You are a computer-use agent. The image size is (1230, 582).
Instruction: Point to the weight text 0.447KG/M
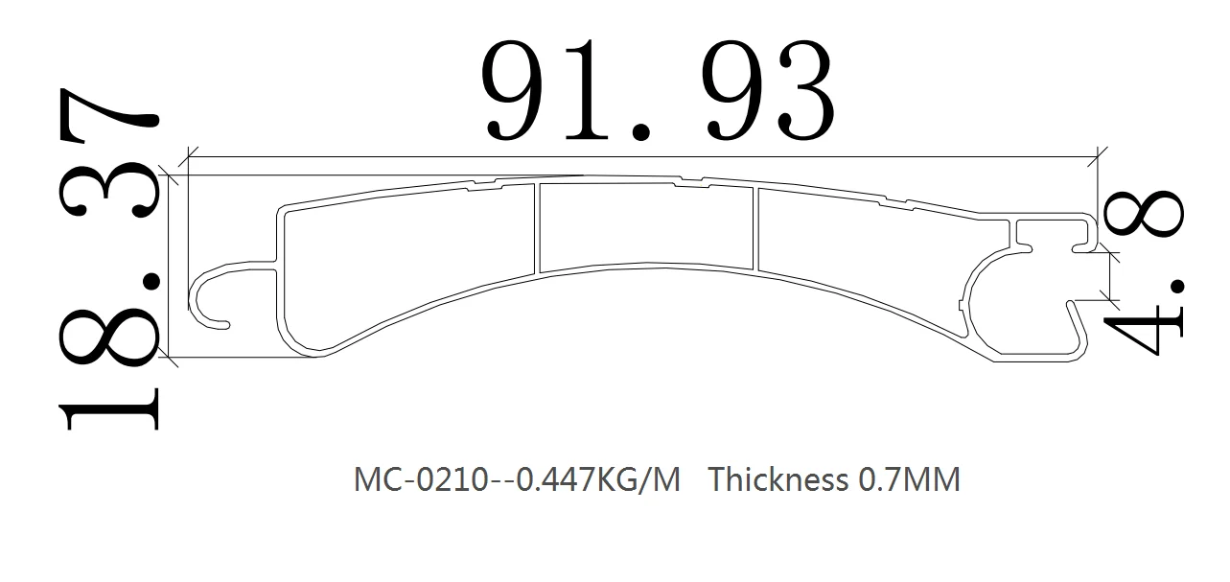coord(598,478)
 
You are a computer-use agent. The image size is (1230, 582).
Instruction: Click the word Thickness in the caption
coord(777,478)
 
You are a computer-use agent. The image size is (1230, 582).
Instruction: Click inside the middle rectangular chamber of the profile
coord(647,226)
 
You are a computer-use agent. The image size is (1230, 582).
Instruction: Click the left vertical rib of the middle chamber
coord(537,227)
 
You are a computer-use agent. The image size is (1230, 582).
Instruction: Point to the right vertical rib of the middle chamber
coord(755,228)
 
